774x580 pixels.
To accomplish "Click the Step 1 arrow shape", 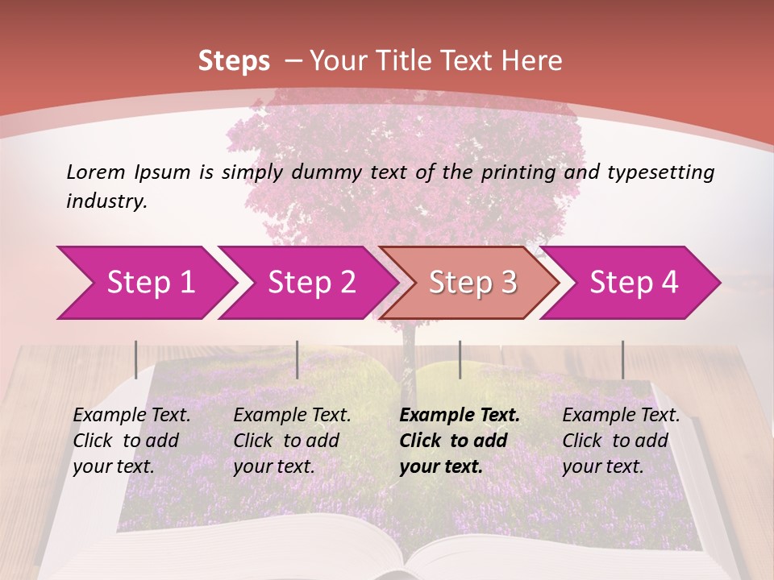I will (x=145, y=283).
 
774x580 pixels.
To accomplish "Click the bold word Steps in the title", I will (x=234, y=61).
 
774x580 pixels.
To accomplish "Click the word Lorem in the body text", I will (x=96, y=172).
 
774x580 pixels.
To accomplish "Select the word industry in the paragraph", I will (x=106, y=201).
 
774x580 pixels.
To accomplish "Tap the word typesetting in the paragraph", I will (x=660, y=172).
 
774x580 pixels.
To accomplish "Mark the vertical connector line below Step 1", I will (x=136, y=359).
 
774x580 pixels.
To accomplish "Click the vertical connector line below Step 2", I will (x=298, y=359).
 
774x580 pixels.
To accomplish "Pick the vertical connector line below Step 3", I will (x=460, y=359).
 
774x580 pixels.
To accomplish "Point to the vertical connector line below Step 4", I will (x=622, y=359).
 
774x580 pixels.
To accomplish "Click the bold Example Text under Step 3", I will (x=460, y=416).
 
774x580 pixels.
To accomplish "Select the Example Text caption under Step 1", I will (x=131, y=416).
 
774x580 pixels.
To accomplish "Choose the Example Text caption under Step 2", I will (x=292, y=416).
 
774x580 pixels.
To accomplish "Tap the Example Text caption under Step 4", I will (x=621, y=416).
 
